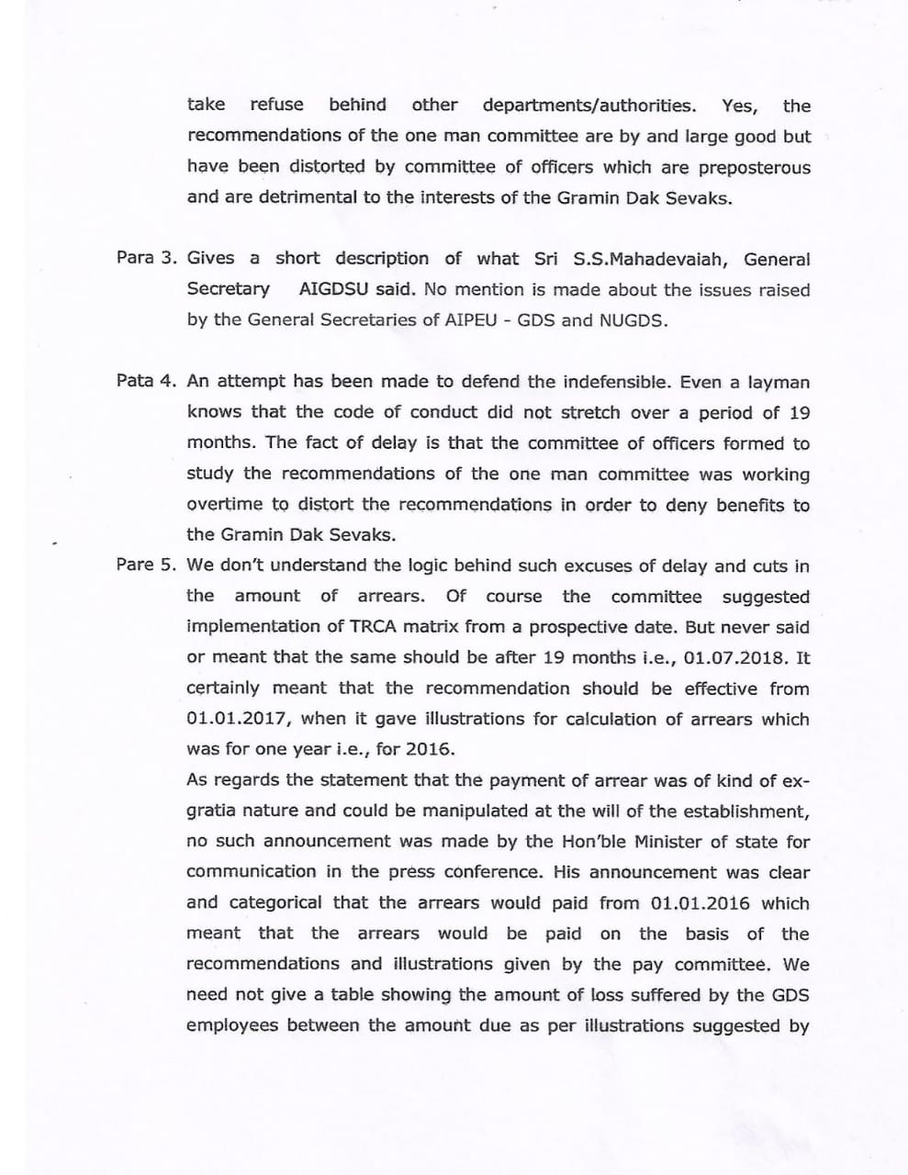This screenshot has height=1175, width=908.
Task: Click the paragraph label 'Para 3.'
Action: tap(147, 258)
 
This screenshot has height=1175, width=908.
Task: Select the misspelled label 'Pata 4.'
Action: tap(147, 381)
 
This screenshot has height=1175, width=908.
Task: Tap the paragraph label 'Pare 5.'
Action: tap(147, 565)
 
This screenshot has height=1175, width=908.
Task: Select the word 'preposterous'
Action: tap(755, 167)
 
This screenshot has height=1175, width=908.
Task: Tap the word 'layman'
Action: tap(779, 381)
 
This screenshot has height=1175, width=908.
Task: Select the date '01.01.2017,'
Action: tap(239, 719)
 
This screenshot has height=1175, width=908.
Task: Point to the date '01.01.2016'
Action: tap(700, 902)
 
